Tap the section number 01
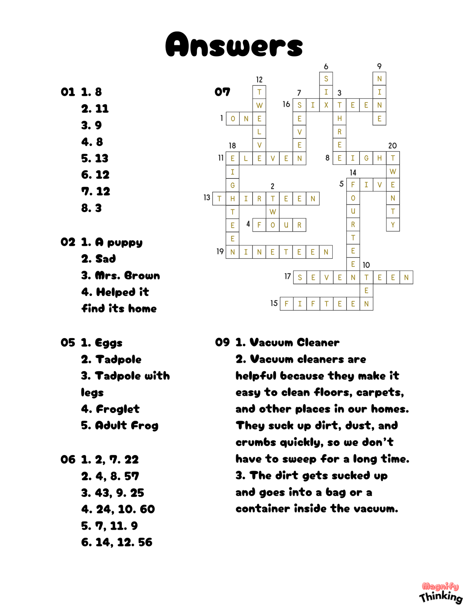pos(68,92)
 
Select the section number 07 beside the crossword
pos(222,92)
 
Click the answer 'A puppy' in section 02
pos(119,242)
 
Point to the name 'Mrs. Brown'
pos(127,276)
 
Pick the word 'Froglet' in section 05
pos(118,409)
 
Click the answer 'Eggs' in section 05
pos(108,343)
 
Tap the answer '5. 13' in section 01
pos(95,158)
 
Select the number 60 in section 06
pos(147,509)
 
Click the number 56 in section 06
pos(145,542)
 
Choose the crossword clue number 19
pos(220,251)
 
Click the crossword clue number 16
pos(286,104)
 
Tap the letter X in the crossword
pos(326,105)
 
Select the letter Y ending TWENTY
pos(393,225)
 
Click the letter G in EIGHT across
pos(366,158)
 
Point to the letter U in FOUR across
pos(286,225)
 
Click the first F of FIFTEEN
pos(286,304)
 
